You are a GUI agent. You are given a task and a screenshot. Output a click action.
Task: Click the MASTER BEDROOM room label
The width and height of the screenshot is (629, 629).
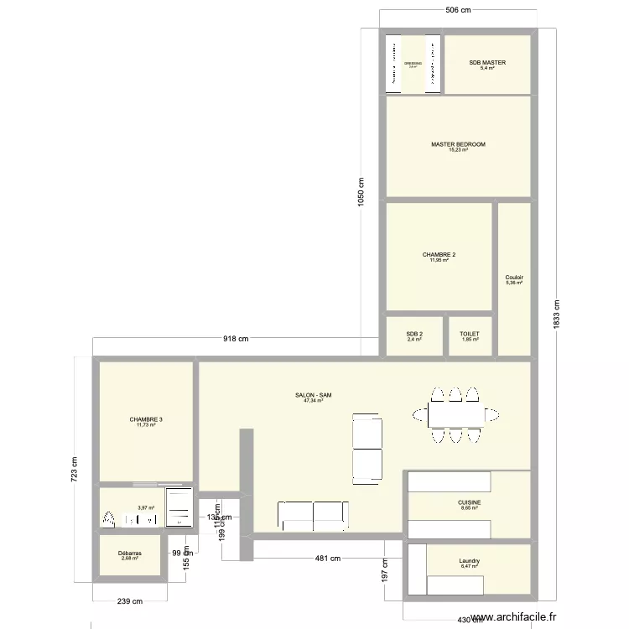[x=458, y=144]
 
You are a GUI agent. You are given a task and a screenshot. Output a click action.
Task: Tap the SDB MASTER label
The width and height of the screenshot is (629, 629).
[x=487, y=63]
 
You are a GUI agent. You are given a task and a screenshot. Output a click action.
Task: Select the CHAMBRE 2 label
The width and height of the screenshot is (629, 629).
[x=439, y=255]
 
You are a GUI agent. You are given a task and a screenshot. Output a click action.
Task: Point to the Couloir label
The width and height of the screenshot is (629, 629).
[x=514, y=278]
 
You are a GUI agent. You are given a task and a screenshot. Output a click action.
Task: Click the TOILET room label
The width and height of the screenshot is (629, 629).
[x=470, y=334]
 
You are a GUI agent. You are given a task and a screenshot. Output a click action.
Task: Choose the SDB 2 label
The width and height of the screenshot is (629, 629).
[x=414, y=334]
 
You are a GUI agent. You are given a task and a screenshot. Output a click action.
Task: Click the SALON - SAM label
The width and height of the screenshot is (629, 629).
[x=313, y=395]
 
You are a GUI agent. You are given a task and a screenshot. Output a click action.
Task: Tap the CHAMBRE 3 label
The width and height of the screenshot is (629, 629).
[x=146, y=419]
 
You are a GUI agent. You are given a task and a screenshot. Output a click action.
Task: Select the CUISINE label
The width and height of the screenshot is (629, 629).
[x=470, y=502]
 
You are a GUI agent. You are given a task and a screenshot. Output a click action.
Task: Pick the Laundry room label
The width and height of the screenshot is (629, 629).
[x=469, y=561]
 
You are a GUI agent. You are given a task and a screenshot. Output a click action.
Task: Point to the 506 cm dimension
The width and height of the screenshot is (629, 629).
[x=457, y=10]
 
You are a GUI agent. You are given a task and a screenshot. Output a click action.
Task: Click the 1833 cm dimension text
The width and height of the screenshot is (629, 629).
[x=557, y=314]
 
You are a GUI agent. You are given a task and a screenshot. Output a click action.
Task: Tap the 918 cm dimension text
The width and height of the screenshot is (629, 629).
[x=236, y=339]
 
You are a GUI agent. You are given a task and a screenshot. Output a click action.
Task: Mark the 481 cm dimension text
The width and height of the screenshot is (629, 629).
[x=328, y=559]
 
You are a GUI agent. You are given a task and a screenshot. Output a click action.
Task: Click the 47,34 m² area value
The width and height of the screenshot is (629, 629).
[x=313, y=401]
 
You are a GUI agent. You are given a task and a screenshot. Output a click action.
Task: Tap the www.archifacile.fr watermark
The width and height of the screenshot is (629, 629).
[x=514, y=617]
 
